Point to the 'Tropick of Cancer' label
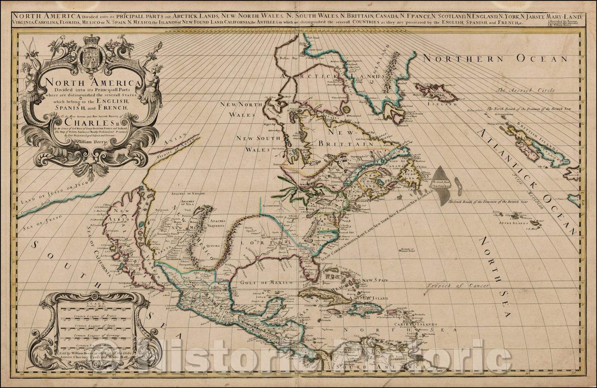point(452,286)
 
